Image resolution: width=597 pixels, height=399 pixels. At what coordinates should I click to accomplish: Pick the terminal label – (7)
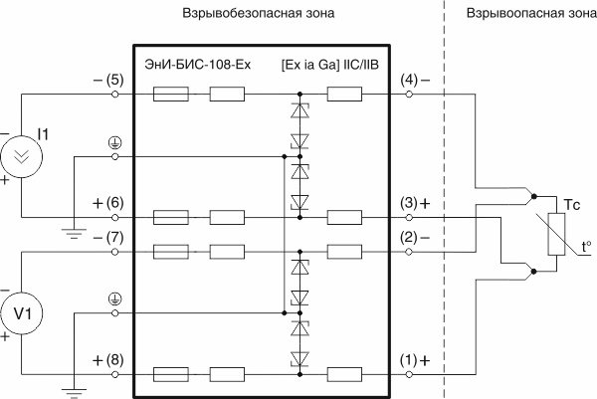tap(105, 239)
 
